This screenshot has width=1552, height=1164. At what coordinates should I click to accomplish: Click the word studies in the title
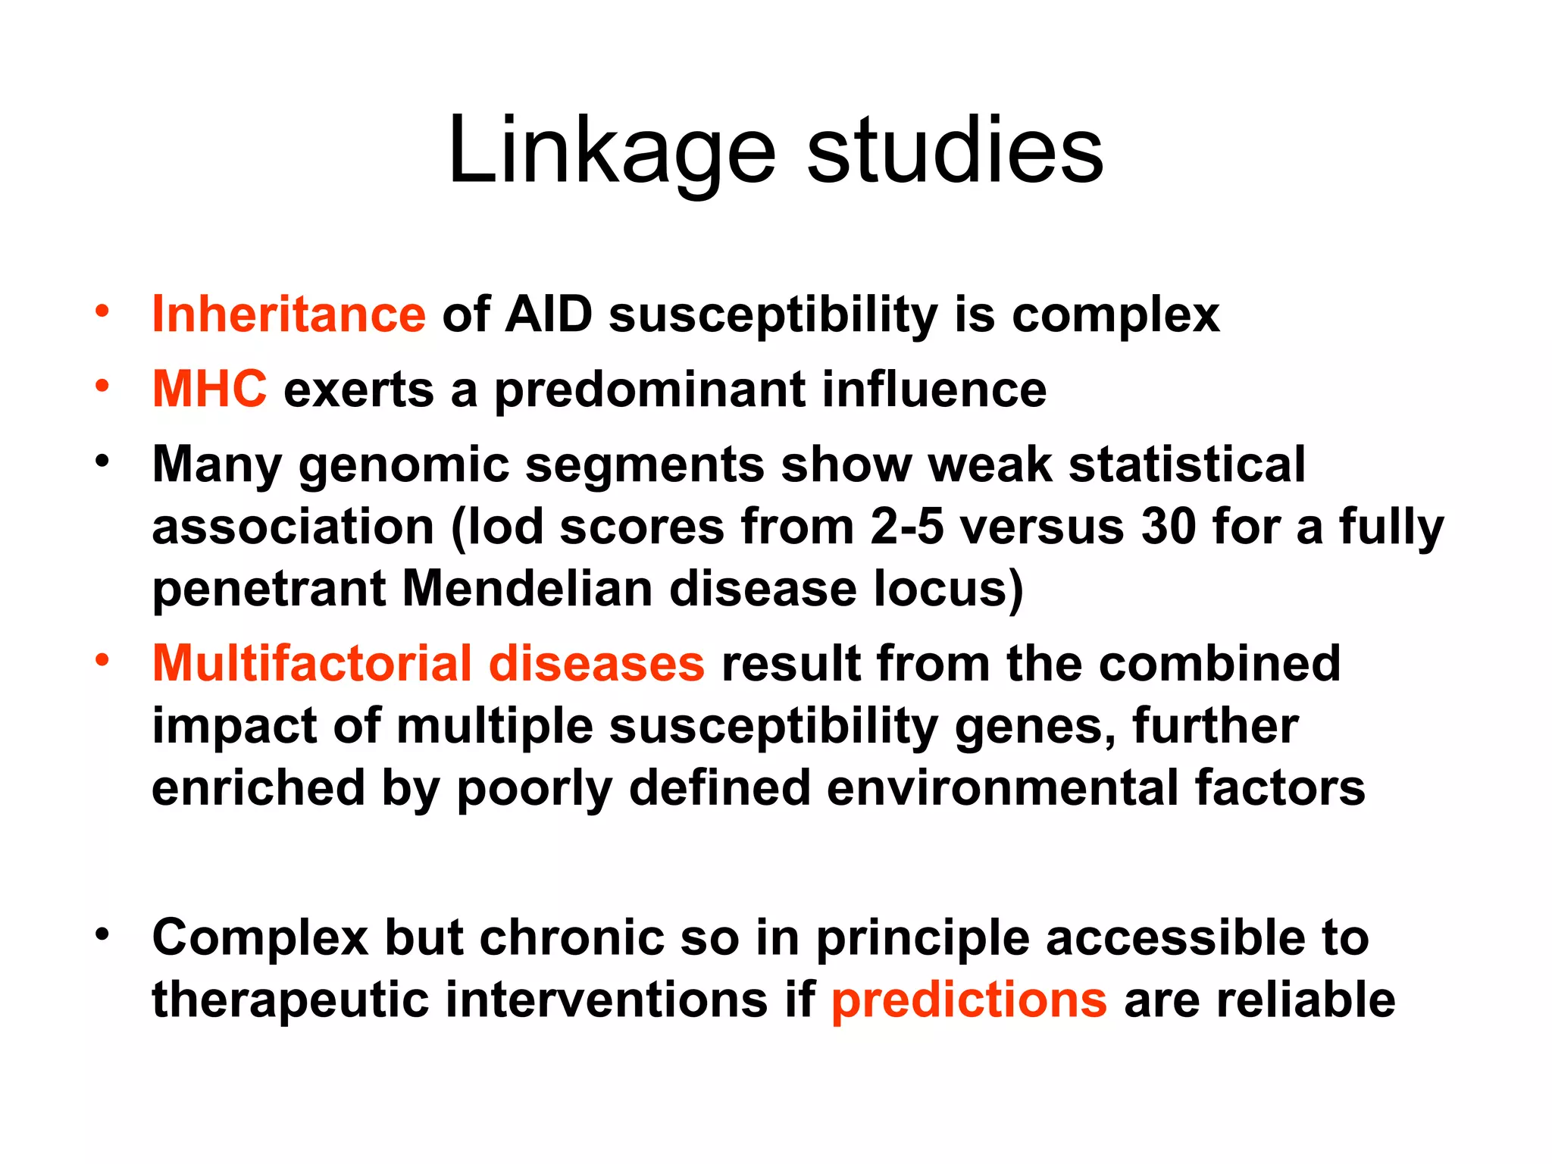pyautogui.click(x=954, y=152)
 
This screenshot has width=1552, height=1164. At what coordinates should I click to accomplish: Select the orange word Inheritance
pyautogui.click(x=289, y=314)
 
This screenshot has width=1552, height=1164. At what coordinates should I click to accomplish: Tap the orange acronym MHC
pyautogui.click(x=209, y=389)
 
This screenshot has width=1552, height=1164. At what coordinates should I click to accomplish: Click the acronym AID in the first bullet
pyautogui.click(x=549, y=314)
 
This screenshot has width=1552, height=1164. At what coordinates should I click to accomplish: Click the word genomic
pyautogui.click(x=404, y=465)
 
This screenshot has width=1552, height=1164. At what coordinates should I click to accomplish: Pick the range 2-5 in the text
pyautogui.click(x=906, y=526)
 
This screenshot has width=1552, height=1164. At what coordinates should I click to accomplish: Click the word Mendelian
pyautogui.click(x=527, y=588)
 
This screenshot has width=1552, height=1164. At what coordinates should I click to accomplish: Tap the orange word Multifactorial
pyautogui.click(x=312, y=663)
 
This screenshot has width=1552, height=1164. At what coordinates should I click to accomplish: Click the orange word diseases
pyautogui.click(x=596, y=663)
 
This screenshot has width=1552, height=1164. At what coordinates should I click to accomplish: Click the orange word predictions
pyautogui.click(x=968, y=1000)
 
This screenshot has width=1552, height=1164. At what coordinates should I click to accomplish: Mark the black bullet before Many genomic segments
pyautogui.click(x=102, y=461)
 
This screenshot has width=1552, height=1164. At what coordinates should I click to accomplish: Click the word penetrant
pyautogui.click(x=269, y=589)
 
